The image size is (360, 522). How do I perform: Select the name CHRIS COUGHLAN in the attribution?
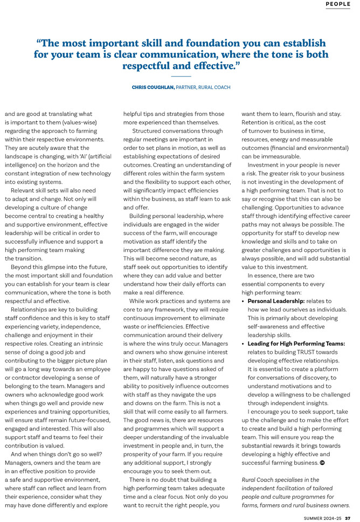153,87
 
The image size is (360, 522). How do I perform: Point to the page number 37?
348,518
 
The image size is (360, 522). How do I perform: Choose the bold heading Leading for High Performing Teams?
296,344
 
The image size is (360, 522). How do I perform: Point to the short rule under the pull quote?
181,76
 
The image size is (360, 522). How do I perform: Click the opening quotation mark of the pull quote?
39,43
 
